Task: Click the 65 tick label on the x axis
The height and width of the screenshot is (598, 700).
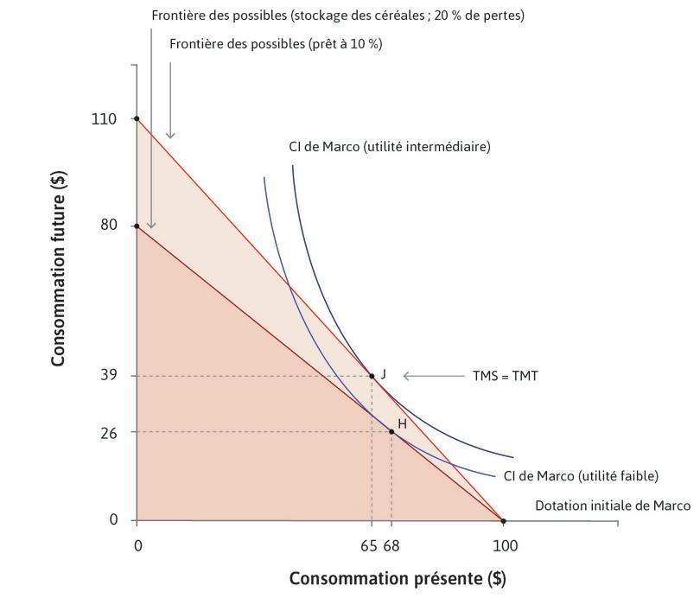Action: click(369, 546)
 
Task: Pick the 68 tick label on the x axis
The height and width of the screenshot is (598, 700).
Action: click(392, 546)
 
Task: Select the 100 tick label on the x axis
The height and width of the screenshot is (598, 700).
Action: click(504, 546)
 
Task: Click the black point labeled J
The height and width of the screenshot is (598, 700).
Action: click(372, 376)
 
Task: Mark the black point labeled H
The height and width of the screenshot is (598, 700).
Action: click(391, 431)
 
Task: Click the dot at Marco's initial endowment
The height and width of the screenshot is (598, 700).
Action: click(504, 520)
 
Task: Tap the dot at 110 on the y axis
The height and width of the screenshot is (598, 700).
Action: click(137, 118)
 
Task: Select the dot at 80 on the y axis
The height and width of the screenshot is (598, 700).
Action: click(137, 226)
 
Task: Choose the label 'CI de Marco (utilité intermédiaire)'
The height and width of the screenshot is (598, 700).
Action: click(389, 147)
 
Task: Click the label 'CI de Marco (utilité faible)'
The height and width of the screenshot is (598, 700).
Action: click(581, 476)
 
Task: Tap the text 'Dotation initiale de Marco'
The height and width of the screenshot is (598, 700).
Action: click(613, 506)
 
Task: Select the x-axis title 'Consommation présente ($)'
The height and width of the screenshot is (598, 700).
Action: click(397, 577)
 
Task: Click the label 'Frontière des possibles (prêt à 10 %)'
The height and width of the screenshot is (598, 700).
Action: click(276, 43)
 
